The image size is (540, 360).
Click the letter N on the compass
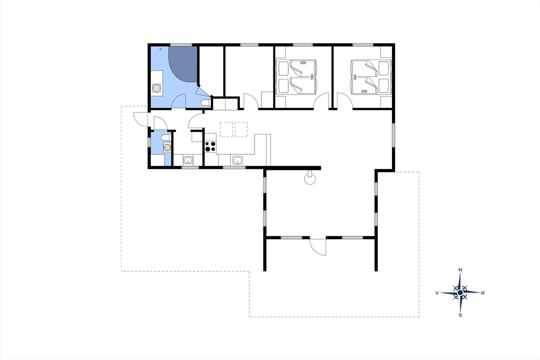pyautogui.click(x=460, y=270)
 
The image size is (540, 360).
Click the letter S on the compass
pyautogui.click(x=460, y=315)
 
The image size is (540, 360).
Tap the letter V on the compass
pyautogui.click(x=437, y=293)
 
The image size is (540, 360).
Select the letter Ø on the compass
pyautogui.click(x=483, y=293)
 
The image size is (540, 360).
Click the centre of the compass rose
pyautogui.click(x=460, y=293)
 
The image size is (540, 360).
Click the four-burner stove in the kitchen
pyautogui.click(x=210, y=147)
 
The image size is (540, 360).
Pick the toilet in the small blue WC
pyautogui.click(x=166, y=137)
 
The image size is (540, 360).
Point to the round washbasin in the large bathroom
pyautogui.click(x=157, y=88)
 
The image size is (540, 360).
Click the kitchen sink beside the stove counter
pyautogui.click(x=238, y=160)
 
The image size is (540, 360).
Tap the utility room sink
pyautogui.click(x=188, y=160)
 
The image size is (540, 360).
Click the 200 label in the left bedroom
pyautogui.click(x=303, y=63)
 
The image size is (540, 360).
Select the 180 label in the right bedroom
pyautogui.click(x=355, y=77)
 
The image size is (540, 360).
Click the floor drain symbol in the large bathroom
pyautogui.click(x=161, y=49)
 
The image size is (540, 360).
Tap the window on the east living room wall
pyautogui.click(x=393, y=135)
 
